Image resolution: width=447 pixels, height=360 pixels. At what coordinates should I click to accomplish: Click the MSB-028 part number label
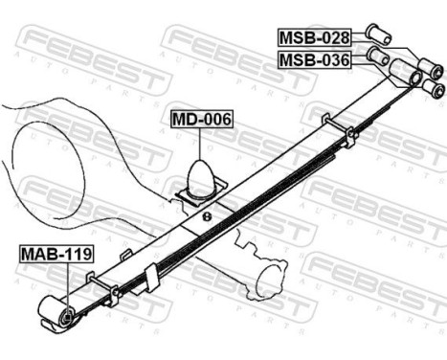(314, 38)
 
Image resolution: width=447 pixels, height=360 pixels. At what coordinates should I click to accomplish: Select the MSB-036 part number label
(314, 61)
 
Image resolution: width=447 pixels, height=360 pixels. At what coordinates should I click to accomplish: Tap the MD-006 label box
(201, 121)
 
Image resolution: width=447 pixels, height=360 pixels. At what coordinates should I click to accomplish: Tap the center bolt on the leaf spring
(207, 215)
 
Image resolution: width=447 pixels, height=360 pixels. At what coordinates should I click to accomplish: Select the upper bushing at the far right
(436, 68)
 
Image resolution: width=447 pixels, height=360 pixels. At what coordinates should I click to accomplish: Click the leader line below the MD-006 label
(201, 144)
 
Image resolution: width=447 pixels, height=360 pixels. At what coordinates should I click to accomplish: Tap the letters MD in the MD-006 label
(184, 121)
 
